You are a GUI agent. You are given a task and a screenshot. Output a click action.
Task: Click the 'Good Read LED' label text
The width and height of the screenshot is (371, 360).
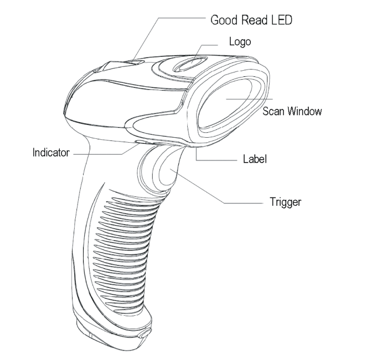[x=251, y=21]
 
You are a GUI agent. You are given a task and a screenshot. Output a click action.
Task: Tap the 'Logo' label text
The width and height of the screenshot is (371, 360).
[x=239, y=41]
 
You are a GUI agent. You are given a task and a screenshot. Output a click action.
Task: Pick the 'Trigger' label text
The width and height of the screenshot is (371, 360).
[x=284, y=202]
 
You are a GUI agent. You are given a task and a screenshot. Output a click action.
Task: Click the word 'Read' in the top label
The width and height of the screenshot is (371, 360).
[x=254, y=21]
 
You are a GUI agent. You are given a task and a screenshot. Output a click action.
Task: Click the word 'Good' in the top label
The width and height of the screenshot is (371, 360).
[x=225, y=21]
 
